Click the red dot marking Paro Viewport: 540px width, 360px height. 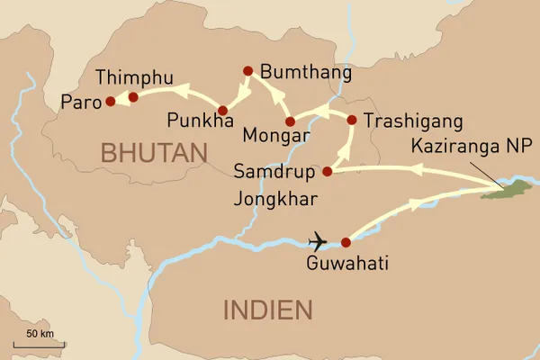[x=110, y=102]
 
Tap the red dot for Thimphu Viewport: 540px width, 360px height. [x=133, y=96]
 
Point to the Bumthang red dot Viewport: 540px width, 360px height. [x=247, y=70]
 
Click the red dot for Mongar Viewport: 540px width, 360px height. [x=290, y=121]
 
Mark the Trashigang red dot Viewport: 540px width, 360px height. [x=351, y=119]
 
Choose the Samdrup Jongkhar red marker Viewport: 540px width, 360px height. [x=328, y=171]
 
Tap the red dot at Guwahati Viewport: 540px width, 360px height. [x=346, y=242]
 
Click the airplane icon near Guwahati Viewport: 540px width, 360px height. [x=318, y=241]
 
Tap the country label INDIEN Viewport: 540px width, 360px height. [x=267, y=310]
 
